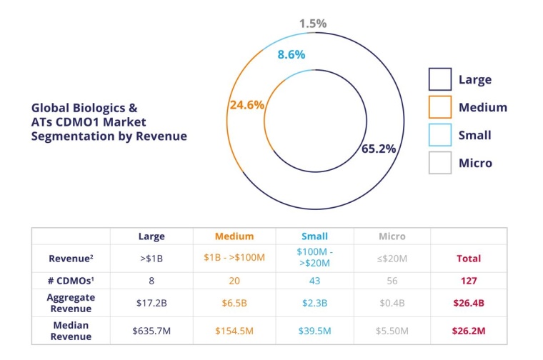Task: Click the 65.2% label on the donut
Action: (x=379, y=149)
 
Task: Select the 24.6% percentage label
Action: (x=246, y=104)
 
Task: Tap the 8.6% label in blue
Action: (x=292, y=54)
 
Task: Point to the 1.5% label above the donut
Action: (x=313, y=24)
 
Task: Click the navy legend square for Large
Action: (x=440, y=80)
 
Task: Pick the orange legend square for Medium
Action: (x=440, y=107)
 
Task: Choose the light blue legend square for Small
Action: (x=440, y=135)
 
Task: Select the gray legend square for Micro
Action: (x=440, y=163)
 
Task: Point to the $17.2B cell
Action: (x=151, y=302)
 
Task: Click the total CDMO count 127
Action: (x=469, y=281)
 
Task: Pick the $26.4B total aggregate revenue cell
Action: (x=469, y=302)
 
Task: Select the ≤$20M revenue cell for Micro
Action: (x=392, y=258)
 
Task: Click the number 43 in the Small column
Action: (x=315, y=281)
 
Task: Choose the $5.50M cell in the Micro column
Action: (x=392, y=331)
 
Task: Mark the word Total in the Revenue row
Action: (x=469, y=258)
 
